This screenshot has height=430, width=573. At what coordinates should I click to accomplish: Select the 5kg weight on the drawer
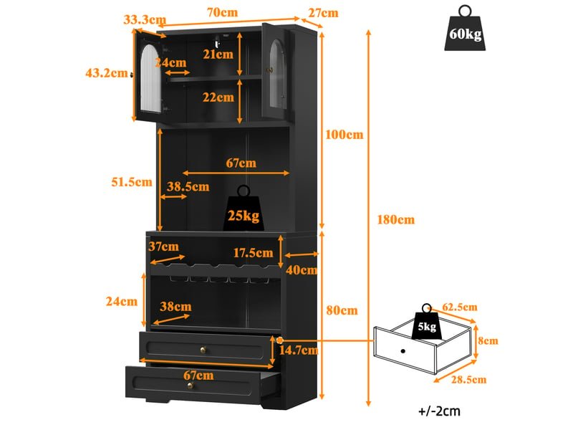click(426, 322)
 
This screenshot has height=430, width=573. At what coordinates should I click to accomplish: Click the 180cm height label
click(396, 220)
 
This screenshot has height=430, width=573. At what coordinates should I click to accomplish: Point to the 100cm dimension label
click(345, 135)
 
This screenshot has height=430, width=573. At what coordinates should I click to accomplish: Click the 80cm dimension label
click(342, 310)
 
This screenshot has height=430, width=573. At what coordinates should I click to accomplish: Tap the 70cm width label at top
click(222, 12)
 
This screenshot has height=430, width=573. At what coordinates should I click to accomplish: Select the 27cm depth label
click(323, 13)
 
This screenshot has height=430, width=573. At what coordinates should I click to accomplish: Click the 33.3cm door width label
click(145, 19)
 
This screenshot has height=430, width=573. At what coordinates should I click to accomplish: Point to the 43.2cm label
click(107, 73)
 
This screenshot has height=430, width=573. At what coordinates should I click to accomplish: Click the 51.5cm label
click(132, 182)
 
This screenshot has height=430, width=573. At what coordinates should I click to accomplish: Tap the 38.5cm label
click(188, 186)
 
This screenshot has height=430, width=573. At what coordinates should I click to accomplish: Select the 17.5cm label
click(253, 253)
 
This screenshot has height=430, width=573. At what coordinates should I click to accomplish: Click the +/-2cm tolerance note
click(439, 411)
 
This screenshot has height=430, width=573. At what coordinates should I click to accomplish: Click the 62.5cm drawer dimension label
click(460, 307)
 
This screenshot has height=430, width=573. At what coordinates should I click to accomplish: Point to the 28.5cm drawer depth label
click(468, 380)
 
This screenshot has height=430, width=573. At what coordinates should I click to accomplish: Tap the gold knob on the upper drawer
click(203, 350)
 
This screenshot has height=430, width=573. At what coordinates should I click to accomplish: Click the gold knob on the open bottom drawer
click(190, 386)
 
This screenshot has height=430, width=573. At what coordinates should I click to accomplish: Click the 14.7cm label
click(299, 350)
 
